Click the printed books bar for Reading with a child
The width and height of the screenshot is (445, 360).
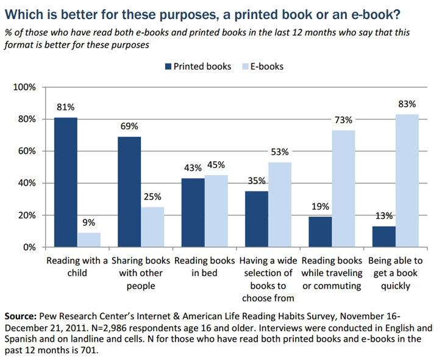click(x=66, y=182)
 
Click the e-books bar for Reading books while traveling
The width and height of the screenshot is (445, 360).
click(x=343, y=189)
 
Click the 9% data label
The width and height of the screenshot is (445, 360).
click(x=89, y=223)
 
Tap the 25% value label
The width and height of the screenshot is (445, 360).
click(x=152, y=198)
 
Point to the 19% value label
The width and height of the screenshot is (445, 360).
click(x=319, y=207)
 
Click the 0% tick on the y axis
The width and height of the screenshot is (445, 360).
click(x=30, y=247)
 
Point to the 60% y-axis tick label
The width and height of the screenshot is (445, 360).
click(x=27, y=151)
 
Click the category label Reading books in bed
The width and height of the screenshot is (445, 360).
click(x=204, y=266)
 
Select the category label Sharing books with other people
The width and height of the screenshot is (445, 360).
click(x=140, y=272)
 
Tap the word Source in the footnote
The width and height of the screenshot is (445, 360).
click(x=20, y=317)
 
